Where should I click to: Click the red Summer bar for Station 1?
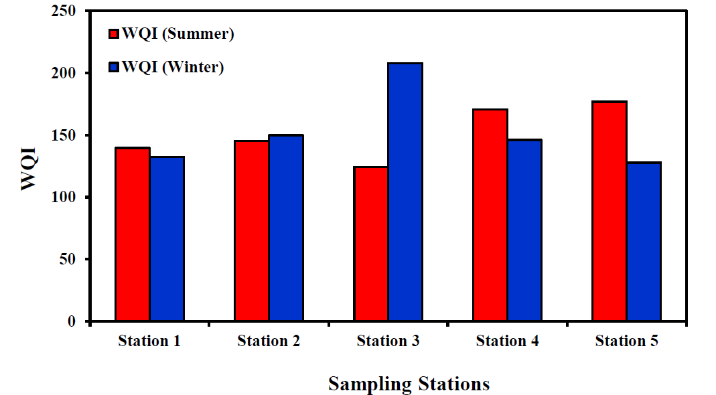point(133,234)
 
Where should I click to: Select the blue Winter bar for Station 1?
point(167,239)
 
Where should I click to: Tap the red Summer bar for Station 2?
point(252,230)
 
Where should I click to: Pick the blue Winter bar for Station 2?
point(286,228)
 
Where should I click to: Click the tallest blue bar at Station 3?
point(405,191)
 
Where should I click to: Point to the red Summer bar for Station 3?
point(371,244)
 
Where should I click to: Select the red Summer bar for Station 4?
point(490,215)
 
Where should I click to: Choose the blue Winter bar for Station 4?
point(524,230)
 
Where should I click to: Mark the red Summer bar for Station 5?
point(609,211)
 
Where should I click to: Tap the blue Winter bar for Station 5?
point(644,242)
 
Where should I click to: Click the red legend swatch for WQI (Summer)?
point(114,33)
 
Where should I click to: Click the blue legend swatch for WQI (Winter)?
point(114,67)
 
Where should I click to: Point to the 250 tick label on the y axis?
point(64,11)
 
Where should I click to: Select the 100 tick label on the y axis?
point(64,197)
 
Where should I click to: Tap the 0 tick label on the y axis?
point(72,321)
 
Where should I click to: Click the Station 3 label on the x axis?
point(388,341)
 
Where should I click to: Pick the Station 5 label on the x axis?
point(626,341)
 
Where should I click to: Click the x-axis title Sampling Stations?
point(409,384)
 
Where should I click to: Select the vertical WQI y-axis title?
point(29,169)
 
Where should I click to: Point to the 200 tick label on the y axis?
point(64,73)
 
